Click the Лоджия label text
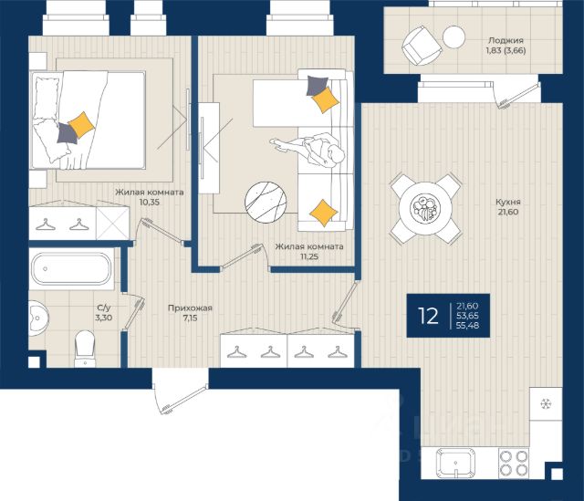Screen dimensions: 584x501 pyautogui.click(x=506, y=40)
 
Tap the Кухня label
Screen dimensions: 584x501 pyautogui.click(x=508, y=202)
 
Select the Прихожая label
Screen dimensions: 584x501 pyautogui.click(x=190, y=308)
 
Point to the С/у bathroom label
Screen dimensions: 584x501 pyautogui.click(x=104, y=308)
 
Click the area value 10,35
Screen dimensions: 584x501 pyautogui.click(x=150, y=203)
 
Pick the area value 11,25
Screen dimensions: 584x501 pyautogui.click(x=309, y=256)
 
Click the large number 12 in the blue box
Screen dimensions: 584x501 pyautogui.click(x=428, y=316)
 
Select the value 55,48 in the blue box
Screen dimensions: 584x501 pyautogui.click(x=468, y=326)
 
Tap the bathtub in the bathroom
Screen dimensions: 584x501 pyautogui.click(x=71, y=269)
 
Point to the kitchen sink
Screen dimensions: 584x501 pyautogui.click(x=456, y=463)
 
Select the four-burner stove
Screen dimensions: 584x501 pyautogui.click(x=514, y=463)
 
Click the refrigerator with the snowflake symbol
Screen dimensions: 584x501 pyautogui.click(x=546, y=404)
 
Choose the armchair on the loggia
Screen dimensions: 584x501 pyautogui.click(x=422, y=46)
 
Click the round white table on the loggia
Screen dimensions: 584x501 pyautogui.click(x=454, y=37)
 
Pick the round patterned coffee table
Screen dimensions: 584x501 pyautogui.click(x=266, y=203)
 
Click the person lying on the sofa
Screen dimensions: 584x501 pyautogui.click(x=308, y=151)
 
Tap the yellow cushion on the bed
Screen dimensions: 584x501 pyautogui.click(x=81, y=125)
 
